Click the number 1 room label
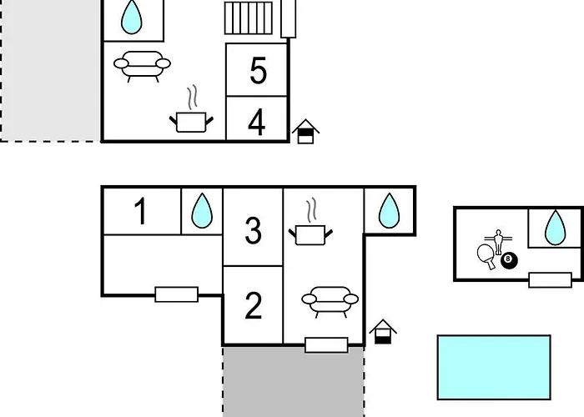point(140,211)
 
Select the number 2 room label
point(254,306)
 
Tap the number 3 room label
point(254,230)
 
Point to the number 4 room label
point(257,122)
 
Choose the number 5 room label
point(258,70)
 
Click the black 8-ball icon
point(509,260)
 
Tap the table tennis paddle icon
point(486,255)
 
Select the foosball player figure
point(498,242)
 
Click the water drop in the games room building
point(555,228)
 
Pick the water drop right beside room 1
point(202,211)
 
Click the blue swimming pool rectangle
point(494,368)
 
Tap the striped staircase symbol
point(249,18)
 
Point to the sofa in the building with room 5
point(142,66)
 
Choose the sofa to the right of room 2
point(330,302)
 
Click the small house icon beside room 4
point(305,132)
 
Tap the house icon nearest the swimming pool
point(383,332)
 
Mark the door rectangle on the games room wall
point(550,280)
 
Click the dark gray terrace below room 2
point(294,382)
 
